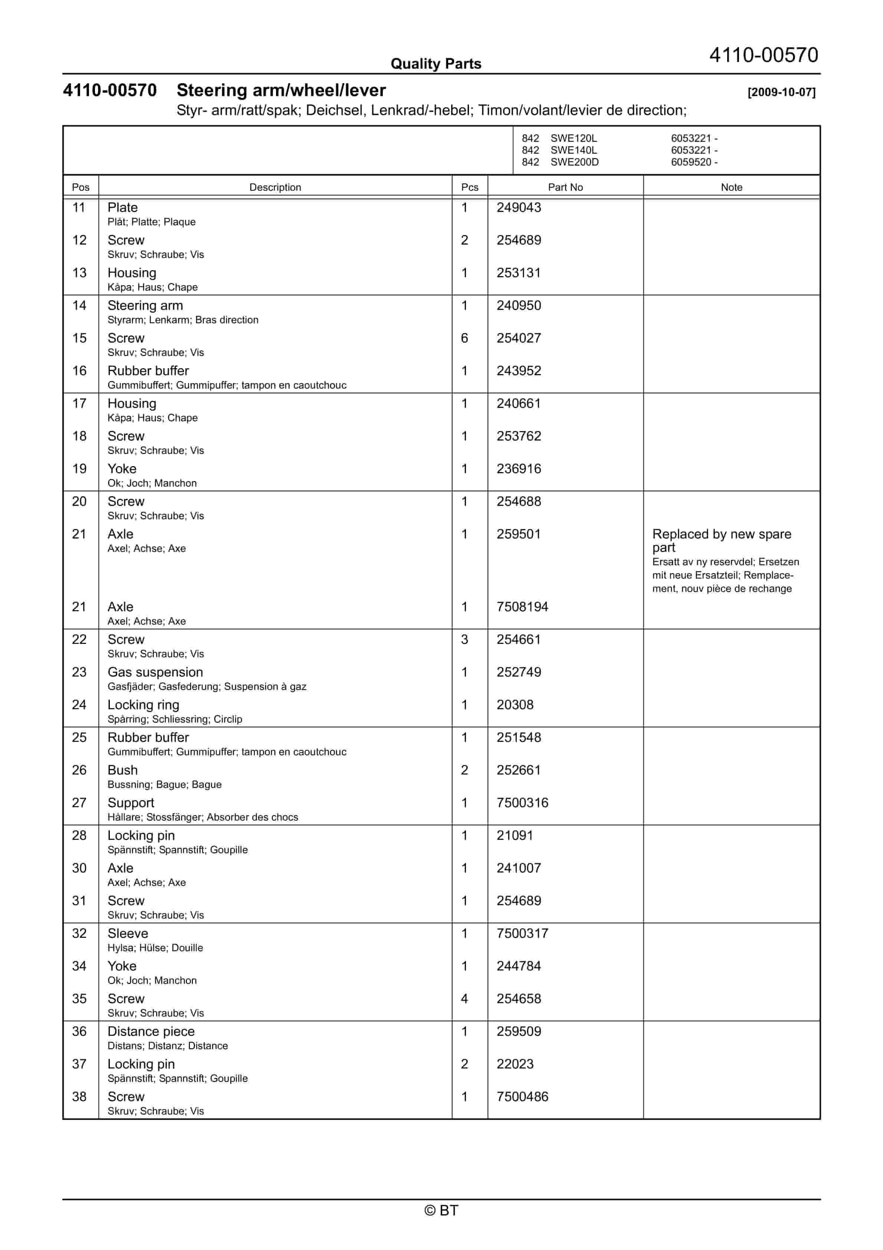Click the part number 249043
(518, 207)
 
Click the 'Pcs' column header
(469, 187)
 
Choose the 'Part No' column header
(565, 187)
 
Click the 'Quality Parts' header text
(436, 64)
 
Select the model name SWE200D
(574, 162)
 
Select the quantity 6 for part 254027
(465, 338)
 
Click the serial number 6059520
(690, 162)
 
